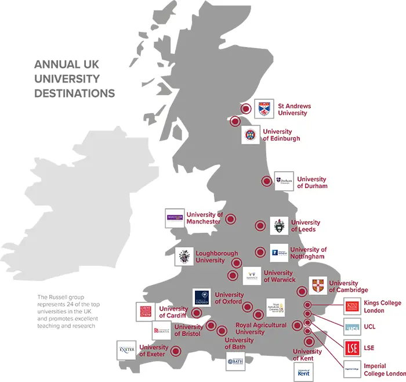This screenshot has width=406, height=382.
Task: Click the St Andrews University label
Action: coord(294,110)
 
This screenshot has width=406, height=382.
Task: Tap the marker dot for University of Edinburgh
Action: coord(235,121)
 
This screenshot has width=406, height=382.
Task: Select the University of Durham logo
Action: coord(284,181)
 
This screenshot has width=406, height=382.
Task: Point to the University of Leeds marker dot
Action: coord(260,226)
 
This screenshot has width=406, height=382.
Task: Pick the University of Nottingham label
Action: coord(308,253)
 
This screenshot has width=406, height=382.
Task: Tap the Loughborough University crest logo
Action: coord(184,257)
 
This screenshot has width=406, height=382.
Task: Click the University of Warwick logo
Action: coord(252,276)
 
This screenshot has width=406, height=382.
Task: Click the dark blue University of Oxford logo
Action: coord(202,298)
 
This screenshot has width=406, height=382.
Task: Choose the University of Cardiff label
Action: coord(173,312)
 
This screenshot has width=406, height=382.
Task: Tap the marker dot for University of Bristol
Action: coord(211,326)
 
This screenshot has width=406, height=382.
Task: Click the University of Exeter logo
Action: coord(126,350)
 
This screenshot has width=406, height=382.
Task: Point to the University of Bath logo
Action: coord(235,361)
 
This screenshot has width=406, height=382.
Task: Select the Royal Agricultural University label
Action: coord(260,329)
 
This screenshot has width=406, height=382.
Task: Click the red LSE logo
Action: coord(352,348)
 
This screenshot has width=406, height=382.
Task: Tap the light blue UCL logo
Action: coord(352,327)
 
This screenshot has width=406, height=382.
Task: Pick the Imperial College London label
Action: coord(385,370)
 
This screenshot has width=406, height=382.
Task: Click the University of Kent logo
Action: coord(303,372)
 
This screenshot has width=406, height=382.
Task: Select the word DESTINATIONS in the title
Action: coord(74,93)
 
